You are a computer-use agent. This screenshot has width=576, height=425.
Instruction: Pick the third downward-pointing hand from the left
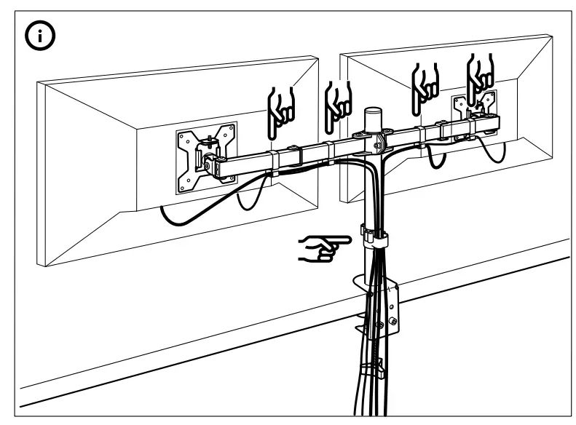pos(425,82)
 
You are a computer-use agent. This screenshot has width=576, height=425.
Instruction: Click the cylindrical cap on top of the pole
pos(374,119)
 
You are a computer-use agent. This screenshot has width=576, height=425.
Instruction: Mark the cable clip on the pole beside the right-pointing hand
pos(374,237)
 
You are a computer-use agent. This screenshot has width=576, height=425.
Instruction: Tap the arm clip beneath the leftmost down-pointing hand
pos(275,159)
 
